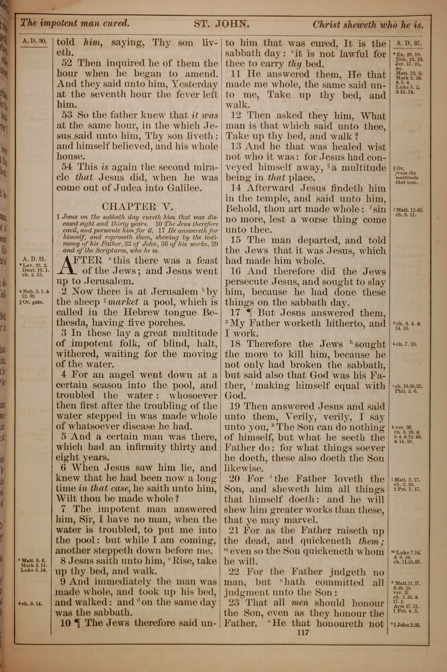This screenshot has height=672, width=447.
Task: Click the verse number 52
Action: (x=68, y=63)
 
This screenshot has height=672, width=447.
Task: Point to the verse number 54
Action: (x=68, y=167)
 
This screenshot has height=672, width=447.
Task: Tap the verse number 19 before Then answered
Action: (x=236, y=406)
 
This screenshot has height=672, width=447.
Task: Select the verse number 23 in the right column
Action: (x=236, y=603)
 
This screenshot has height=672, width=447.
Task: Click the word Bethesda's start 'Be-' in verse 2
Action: (x=210, y=313)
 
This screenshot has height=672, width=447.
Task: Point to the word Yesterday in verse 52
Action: (x=195, y=84)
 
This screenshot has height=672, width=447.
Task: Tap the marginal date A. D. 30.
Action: (x=34, y=41)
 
